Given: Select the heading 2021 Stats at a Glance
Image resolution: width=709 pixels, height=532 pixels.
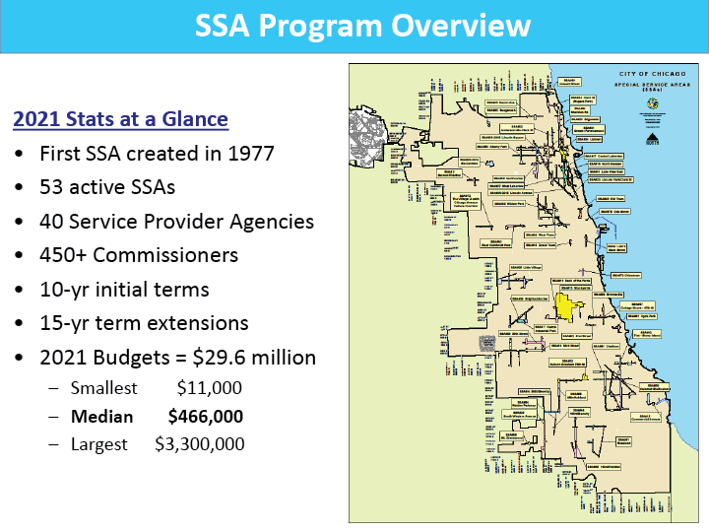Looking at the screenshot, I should pos(120,120).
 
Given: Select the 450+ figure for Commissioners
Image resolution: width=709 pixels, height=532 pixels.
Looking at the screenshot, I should pos(65,255).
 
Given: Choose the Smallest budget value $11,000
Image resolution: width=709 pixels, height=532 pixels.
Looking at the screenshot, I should pos(209,388).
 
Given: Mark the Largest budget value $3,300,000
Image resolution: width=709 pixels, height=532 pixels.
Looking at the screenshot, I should pos(200,444).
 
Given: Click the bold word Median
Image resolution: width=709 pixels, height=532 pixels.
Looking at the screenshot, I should pos(101,417).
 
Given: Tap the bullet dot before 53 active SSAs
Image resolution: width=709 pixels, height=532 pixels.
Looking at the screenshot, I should pos(20,188).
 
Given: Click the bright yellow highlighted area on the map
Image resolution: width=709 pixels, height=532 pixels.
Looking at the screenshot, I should pos(566,307).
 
